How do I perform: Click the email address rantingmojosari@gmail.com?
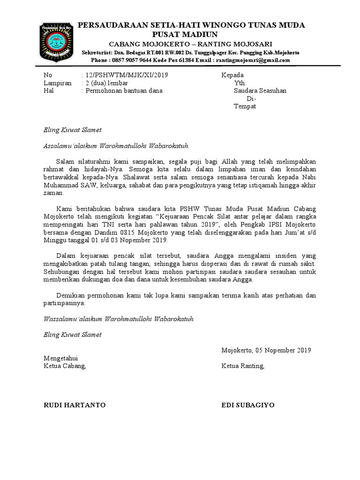(253, 60)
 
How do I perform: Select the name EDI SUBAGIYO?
(248, 405)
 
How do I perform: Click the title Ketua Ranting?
(243, 366)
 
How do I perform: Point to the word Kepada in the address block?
(232, 75)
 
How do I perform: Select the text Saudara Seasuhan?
(260, 91)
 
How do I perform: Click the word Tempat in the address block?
(245, 106)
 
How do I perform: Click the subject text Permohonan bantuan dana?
(123, 91)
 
